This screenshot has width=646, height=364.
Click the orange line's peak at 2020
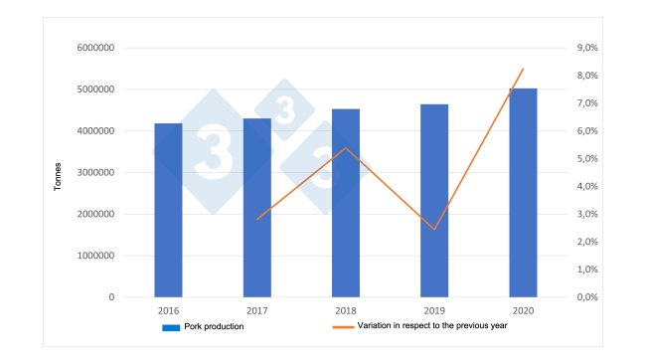point(523,69)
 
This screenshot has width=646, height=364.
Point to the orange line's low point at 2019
point(434,230)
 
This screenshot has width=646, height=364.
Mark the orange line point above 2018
point(346,148)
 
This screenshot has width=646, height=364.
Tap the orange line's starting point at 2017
point(257,219)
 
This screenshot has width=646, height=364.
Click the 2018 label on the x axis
point(346,310)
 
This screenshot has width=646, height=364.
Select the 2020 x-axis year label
point(523,310)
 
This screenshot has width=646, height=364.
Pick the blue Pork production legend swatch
point(169,326)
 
